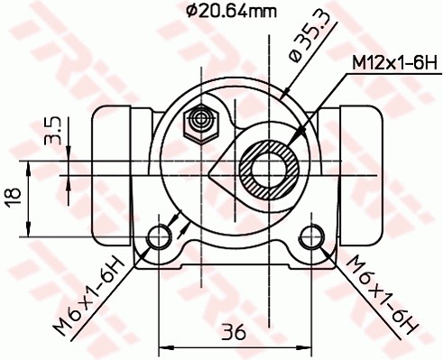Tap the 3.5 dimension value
pyautogui.click(x=54, y=131)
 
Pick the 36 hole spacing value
pyautogui.click(x=235, y=331)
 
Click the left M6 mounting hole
pyautogui.click(x=160, y=236)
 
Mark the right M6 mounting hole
pyautogui.click(x=312, y=236)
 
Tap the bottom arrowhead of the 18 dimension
pyautogui.click(x=32, y=231)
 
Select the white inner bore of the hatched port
pyautogui.click(x=271, y=169)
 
